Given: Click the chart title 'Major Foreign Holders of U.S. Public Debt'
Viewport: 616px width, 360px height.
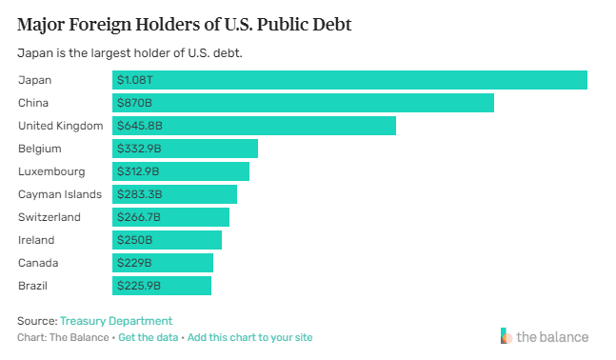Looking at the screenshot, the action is [x=185, y=25].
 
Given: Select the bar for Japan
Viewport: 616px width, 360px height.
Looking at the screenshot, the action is [x=349, y=80].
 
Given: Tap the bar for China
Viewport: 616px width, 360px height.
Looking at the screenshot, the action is [x=303, y=103].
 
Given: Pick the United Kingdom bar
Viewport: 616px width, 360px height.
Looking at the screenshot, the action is [x=254, y=126].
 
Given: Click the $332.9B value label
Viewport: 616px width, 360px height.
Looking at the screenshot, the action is [x=139, y=149].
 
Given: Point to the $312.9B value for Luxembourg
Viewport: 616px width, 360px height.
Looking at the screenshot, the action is [x=138, y=171].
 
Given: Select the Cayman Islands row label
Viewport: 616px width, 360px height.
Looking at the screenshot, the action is [x=60, y=194].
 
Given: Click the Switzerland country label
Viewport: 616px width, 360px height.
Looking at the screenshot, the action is [x=50, y=217].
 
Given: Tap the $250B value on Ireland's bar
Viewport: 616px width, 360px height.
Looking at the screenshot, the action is [x=135, y=240].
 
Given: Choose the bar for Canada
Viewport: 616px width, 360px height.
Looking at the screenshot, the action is [x=163, y=263].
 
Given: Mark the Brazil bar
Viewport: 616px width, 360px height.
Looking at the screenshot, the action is [x=162, y=286].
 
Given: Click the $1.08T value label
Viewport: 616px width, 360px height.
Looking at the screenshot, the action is [x=135, y=80].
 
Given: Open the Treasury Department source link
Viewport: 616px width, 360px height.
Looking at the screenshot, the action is [x=116, y=321].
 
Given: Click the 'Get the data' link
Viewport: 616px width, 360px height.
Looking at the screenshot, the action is [x=149, y=337].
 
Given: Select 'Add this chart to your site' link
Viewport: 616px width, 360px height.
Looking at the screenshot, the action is [x=249, y=337].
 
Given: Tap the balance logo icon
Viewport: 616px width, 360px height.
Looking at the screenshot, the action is [x=507, y=336].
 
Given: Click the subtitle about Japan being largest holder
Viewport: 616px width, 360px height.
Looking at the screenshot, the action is [x=129, y=52].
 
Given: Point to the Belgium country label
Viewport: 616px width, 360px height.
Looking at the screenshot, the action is [x=40, y=149].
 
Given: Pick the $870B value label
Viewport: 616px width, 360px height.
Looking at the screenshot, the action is [x=134, y=103].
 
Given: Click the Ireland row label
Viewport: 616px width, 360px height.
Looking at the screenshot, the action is [x=36, y=240].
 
